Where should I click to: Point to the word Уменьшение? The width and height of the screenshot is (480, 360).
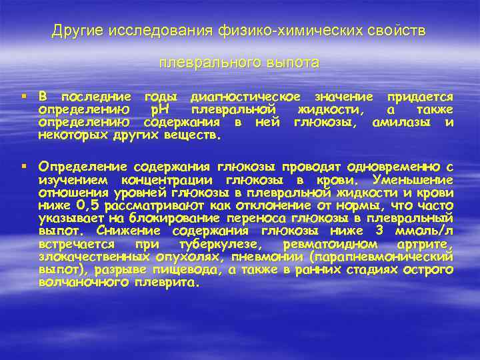click(413, 180)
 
